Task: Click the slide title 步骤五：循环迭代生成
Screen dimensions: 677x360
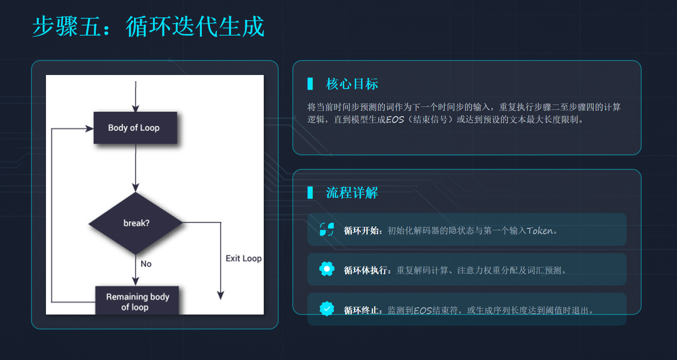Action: click(x=148, y=26)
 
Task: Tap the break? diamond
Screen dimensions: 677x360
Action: click(x=136, y=223)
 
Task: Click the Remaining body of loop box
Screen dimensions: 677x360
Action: click(x=137, y=301)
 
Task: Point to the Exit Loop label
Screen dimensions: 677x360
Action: click(x=243, y=258)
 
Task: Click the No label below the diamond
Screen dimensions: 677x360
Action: click(x=146, y=264)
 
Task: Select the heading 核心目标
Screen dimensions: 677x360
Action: click(x=352, y=84)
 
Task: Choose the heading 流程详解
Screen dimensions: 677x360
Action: click(x=352, y=193)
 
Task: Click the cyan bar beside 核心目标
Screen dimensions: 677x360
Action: click(x=310, y=84)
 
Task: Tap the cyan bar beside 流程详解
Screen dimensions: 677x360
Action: click(x=310, y=193)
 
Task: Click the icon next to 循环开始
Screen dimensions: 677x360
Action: click(x=327, y=229)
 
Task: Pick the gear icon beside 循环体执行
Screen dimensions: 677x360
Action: click(x=327, y=269)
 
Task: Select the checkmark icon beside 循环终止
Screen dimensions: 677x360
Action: click(x=327, y=309)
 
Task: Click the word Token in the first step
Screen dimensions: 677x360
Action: click(x=539, y=231)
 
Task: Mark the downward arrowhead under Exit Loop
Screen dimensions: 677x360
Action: click(x=221, y=295)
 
